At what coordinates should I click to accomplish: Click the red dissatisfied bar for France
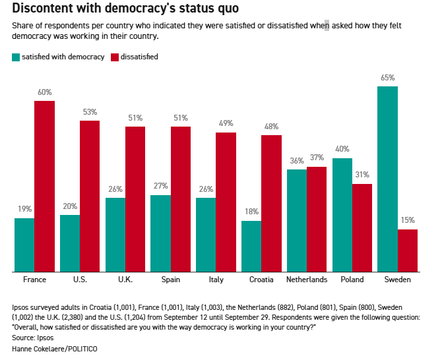point(44,186)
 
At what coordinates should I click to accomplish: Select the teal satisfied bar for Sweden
point(387,179)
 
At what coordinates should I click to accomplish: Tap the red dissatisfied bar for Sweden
point(408,251)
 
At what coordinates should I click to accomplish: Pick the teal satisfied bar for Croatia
point(251,246)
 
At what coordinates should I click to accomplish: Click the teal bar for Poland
point(342,215)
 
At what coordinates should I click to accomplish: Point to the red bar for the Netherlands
point(317,219)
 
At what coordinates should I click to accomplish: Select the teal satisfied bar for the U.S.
point(70,243)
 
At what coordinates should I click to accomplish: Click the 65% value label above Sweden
point(387,78)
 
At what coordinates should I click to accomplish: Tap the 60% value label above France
point(44,92)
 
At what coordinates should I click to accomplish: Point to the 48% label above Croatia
point(272,127)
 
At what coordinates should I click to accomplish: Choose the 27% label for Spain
point(160,186)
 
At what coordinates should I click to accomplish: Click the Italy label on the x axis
point(216,280)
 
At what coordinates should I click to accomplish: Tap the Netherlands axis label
point(307,280)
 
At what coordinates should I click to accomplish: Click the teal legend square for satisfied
point(15,57)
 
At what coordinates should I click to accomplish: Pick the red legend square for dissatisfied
point(114,57)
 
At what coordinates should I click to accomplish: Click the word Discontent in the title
point(47,9)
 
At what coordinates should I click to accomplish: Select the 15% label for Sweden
point(408,221)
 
